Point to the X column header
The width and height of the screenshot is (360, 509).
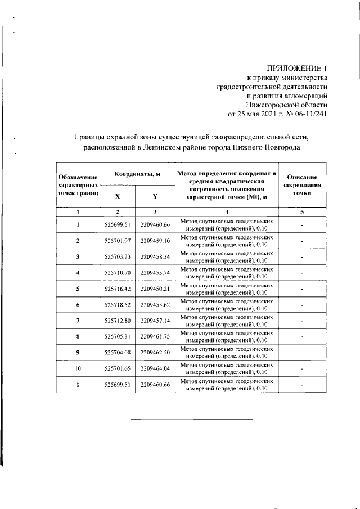pos(117,197)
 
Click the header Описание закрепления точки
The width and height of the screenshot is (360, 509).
pos(302,184)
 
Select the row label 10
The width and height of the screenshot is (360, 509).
pos(78,369)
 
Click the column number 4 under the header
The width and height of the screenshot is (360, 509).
pos(227,212)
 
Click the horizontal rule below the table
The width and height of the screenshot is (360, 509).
pos(192,419)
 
